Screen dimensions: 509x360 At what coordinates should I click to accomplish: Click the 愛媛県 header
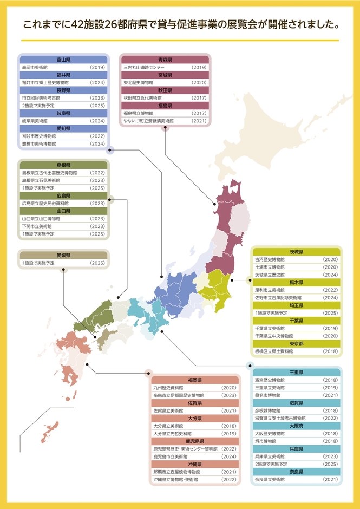point(63,255)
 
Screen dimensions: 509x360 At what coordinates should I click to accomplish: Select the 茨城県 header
point(297,252)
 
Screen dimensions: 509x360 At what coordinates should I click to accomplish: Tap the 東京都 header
point(297,343)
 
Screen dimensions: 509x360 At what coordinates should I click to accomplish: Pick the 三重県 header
point(297,373)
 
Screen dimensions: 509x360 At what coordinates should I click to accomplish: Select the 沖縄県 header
point(195,464)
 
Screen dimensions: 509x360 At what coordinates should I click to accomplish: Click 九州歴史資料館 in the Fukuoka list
point(168,388)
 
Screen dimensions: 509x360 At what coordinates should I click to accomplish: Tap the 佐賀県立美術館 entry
point(168,410)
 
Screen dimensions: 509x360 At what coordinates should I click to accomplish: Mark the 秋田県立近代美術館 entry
point(147,98)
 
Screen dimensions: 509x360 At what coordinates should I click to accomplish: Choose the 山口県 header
point(63,211)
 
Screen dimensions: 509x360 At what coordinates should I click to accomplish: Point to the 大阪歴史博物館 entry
point(271,433)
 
